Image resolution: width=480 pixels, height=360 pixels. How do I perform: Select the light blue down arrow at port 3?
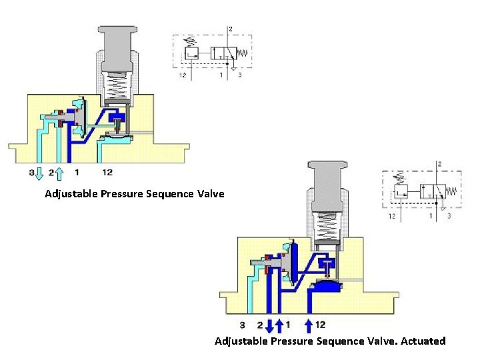point(39,174)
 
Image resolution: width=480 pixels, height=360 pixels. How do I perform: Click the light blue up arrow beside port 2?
point(59,174)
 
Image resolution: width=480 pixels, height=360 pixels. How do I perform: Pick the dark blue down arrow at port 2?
point(269,325)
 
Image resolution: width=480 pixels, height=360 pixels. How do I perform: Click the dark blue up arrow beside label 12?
point(309,325)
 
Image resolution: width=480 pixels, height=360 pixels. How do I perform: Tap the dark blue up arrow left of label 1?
point(279,325)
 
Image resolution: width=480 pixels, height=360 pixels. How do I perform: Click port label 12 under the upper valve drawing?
point(107,172)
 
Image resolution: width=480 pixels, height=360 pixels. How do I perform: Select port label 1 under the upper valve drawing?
point(77,172)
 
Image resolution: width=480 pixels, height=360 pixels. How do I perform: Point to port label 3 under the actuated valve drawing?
point(242,325)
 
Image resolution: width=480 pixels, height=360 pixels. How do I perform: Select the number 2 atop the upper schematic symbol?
point(231,29)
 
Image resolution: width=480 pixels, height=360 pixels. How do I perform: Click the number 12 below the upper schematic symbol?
point(182,75)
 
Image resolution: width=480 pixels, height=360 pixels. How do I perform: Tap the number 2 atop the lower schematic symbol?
point(438,163)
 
